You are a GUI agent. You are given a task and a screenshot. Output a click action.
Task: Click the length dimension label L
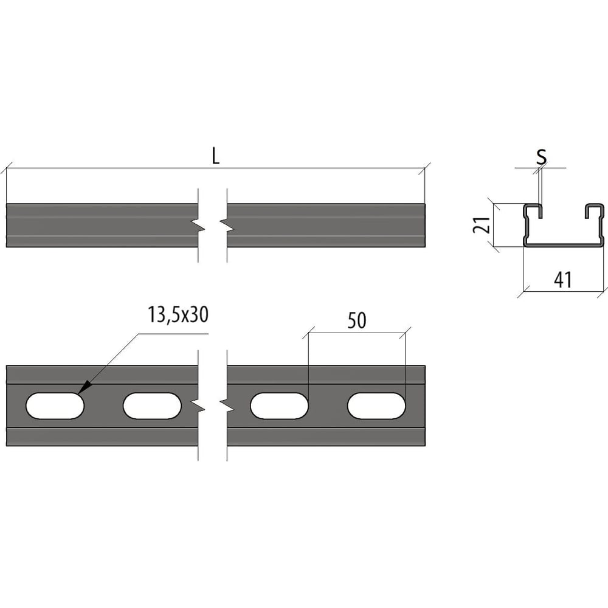point(216,156)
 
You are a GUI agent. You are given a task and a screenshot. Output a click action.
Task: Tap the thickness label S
point(541,157)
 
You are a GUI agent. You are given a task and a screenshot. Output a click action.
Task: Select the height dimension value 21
point(482,225)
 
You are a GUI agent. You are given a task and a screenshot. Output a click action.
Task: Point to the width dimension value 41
point(562,280)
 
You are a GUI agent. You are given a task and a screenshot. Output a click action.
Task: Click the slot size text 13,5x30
point(178,314)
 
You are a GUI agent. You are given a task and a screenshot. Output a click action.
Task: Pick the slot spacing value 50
point(357,320)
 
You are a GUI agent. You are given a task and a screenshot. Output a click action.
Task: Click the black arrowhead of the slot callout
point(85,388)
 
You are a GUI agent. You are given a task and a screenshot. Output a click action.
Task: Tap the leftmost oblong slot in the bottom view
point(55,406)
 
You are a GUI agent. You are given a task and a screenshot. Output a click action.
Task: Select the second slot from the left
point(152,406)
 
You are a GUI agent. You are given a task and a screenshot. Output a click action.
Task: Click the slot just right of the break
point(279,406)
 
